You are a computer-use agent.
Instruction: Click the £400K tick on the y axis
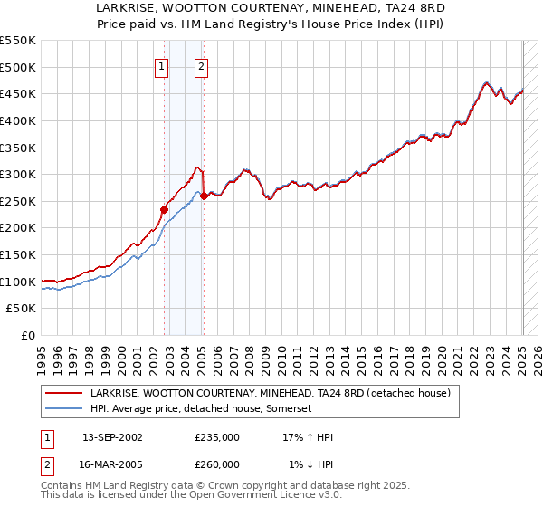(x=17, y=120)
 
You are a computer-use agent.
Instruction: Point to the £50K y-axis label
(x=21, y=309)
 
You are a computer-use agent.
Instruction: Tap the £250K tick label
(x=17, y=201)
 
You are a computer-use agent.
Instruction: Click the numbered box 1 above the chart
(x=161, y=65)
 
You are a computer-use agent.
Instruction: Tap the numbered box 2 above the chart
(x=200, y=65)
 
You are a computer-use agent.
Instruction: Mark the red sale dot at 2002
(x=164, y=209)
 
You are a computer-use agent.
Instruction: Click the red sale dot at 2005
(x=205, y=196)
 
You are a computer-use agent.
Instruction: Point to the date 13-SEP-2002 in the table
(x=112, y=436)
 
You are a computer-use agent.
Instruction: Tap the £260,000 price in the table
(x=217, y=464)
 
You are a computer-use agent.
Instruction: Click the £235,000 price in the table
(x=217, y=436)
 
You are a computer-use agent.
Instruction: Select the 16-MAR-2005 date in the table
(x=112, y=464)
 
